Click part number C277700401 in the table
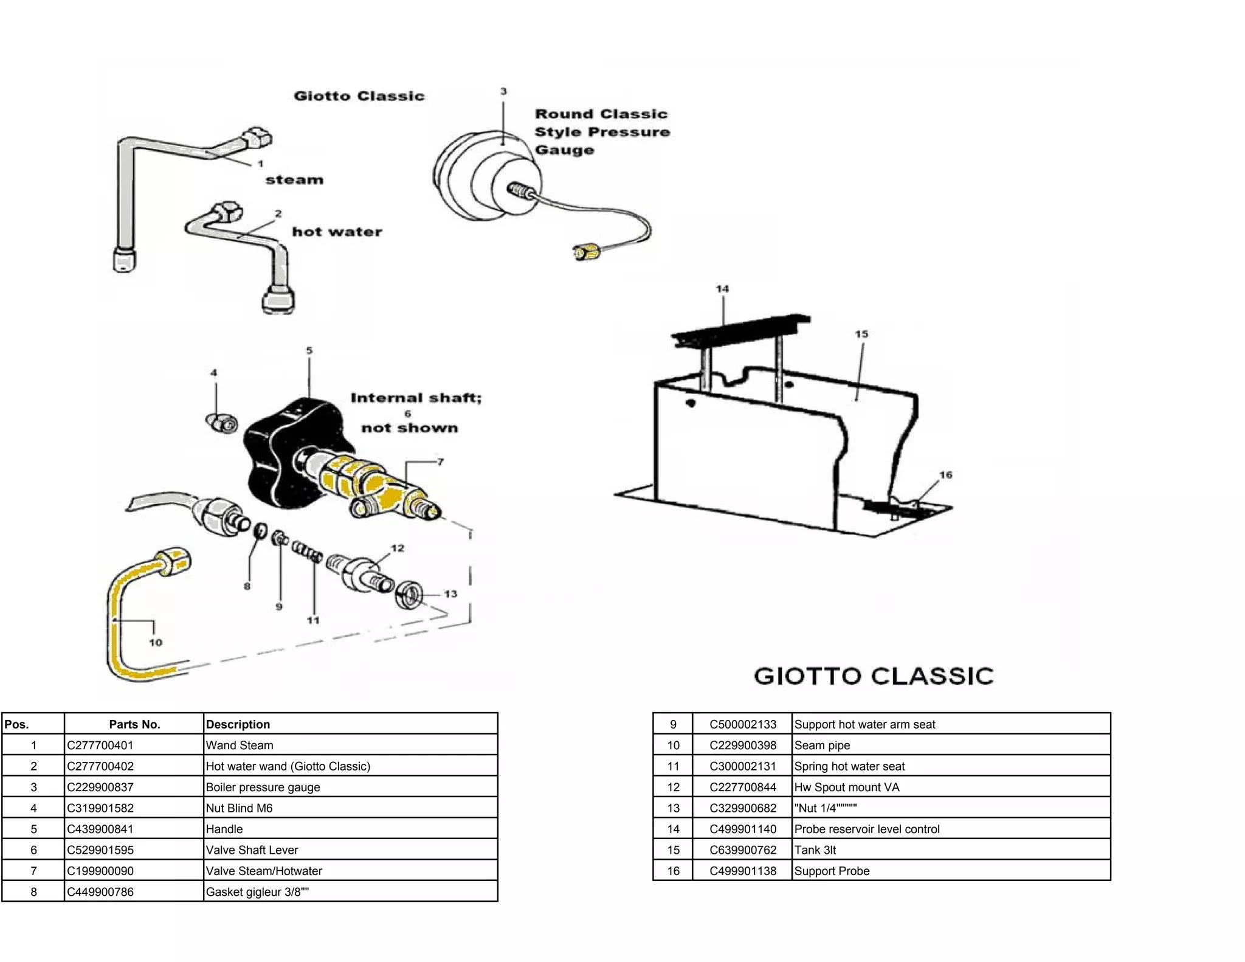[x=100, y=745]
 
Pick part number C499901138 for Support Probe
[x=743, y=871]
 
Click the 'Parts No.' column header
[x=134, y=724]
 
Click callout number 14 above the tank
[x=722, y=289]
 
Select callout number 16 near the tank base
[x=945, y=475]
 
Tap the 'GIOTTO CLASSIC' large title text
[x=874, y=676]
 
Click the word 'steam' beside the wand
[x=294, y=180]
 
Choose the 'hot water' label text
[x=337, y=232]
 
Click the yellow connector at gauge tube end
[x=585, y=251]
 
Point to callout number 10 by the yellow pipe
[x=156, y=643]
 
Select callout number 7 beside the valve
[x=440, y=462]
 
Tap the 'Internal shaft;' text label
[x=416, y=398]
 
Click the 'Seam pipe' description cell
[x=822, y=745]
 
